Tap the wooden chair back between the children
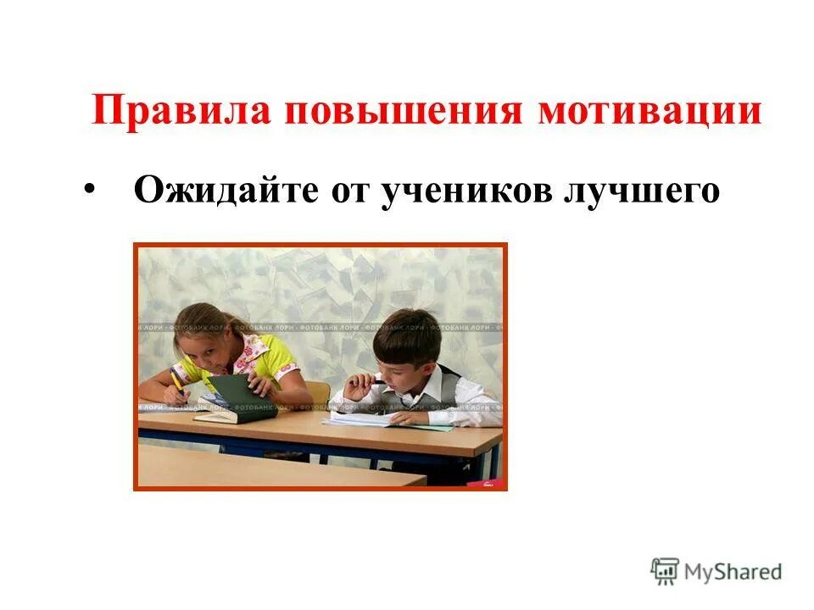[x=318, y=392]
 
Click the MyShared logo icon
[x=666, y=572]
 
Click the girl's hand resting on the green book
[x=261, y=383]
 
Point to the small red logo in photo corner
[x=490, y=483]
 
